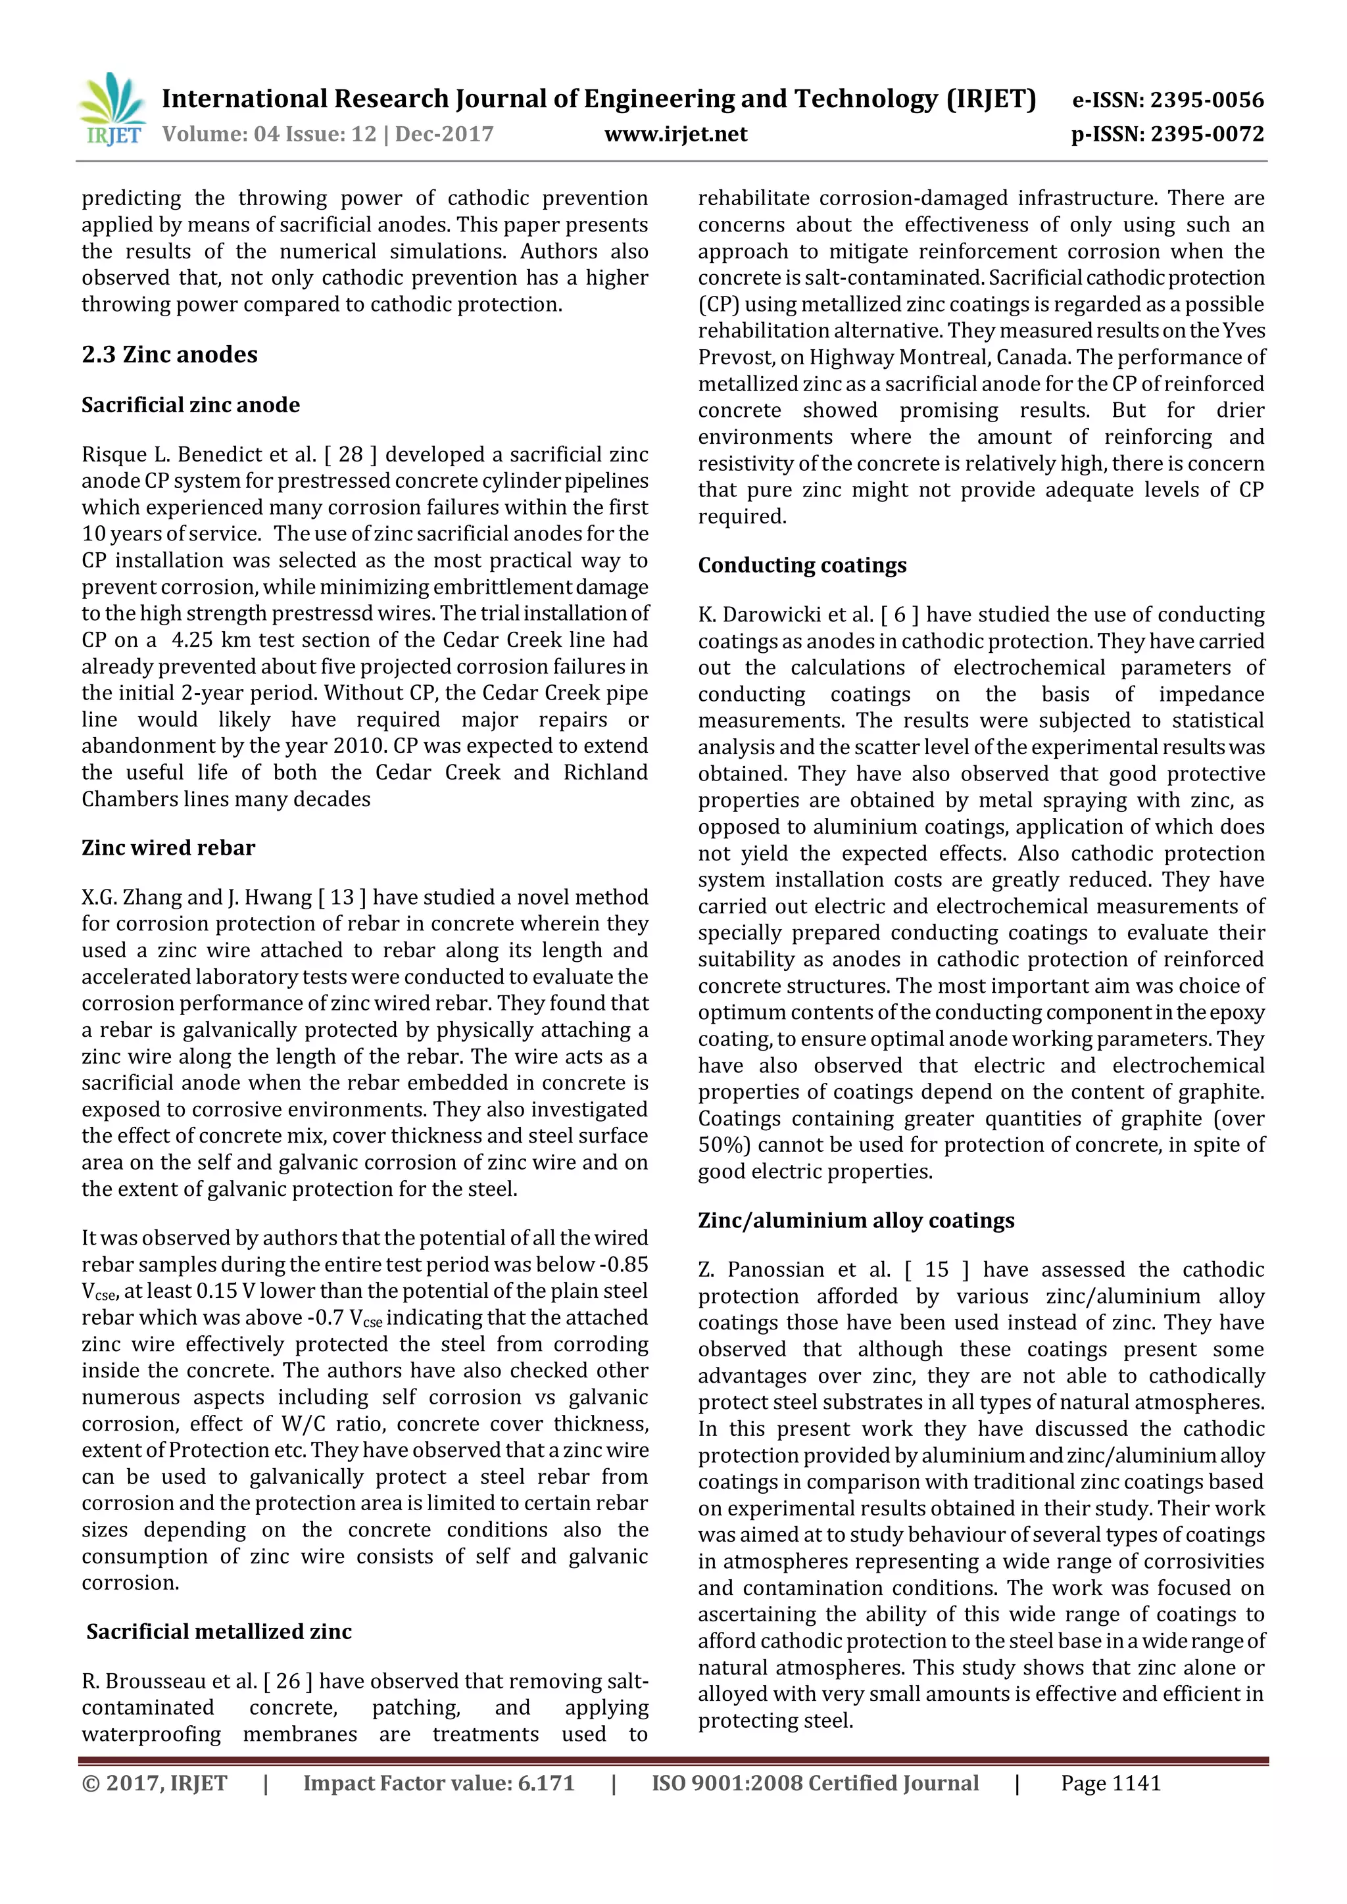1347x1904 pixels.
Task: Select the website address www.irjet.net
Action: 675,134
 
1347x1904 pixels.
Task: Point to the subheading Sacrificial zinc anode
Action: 190,405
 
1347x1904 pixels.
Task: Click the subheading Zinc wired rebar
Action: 168,847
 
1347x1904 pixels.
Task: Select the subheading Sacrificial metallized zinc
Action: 219,1631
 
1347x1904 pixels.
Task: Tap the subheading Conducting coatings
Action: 801,565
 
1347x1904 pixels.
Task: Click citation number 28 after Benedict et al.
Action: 351,454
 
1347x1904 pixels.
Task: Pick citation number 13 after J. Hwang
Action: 342,897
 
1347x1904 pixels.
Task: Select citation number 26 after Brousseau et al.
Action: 288,1681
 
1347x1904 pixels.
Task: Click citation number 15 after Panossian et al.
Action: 937,1270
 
